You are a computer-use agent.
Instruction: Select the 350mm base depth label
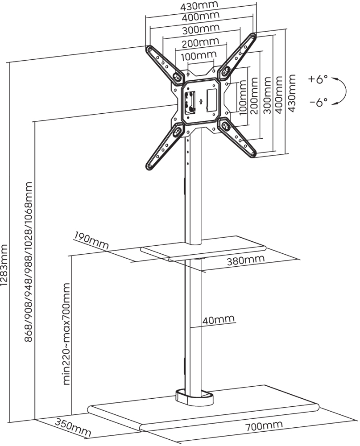coord(72,427)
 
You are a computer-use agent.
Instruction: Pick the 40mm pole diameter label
coord(218,319)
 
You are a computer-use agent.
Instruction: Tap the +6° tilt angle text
coord(318,79)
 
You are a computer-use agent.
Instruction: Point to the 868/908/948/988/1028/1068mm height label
coord(29,261)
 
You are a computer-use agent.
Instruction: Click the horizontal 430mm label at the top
coord(199,6)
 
